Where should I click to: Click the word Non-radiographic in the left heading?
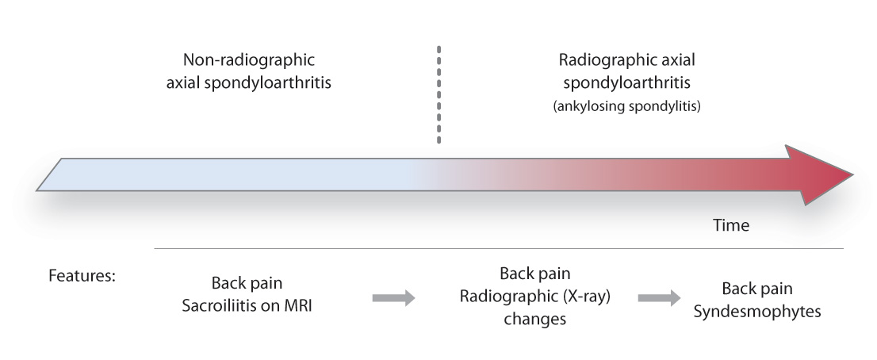(249, 60)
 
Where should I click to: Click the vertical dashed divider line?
(438, 95)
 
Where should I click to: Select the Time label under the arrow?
(730, 225)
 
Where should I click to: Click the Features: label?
(82, 277)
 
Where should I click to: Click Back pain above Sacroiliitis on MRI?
(247, 284)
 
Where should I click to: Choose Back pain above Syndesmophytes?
(756, 289)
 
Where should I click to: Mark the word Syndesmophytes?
(756, 312)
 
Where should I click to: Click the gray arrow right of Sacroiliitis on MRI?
(393, 298)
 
